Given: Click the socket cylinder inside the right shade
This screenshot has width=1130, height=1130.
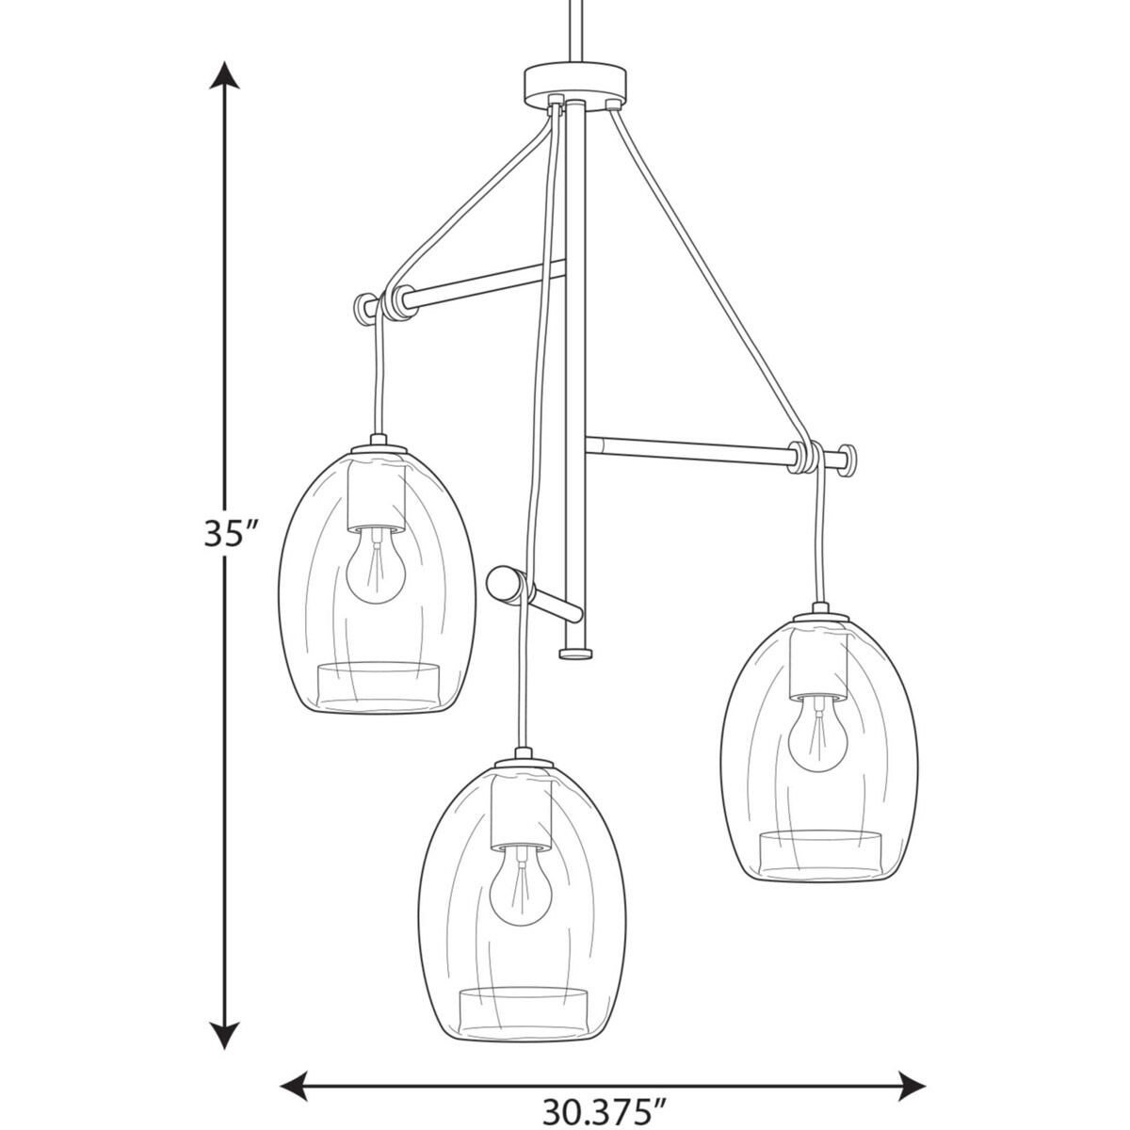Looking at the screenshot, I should pos(817,664).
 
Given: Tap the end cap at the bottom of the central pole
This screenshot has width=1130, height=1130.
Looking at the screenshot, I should pos(575,652).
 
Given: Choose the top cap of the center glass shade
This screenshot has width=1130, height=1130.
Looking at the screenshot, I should pos(519,759).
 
